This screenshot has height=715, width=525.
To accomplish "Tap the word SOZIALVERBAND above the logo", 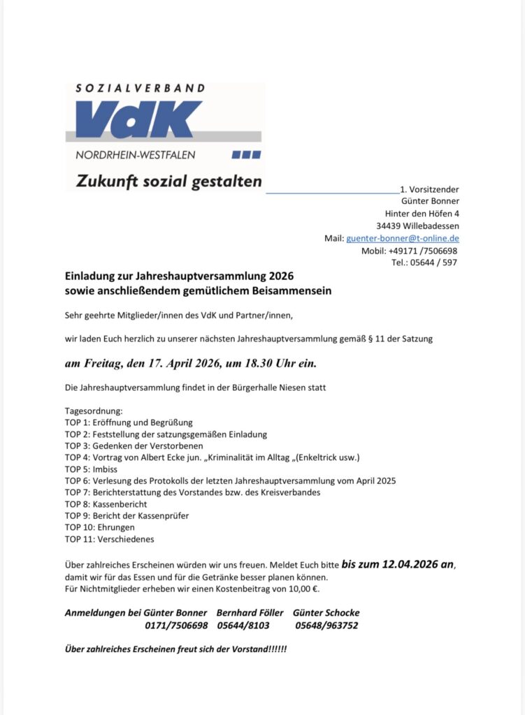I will (141, 89).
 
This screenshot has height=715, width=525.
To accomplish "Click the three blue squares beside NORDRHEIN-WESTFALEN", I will (246, 154).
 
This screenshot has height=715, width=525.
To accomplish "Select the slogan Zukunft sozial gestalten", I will (169, 182).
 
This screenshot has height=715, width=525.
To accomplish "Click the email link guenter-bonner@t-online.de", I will (403, 238).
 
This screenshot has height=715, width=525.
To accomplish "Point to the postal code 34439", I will (389, 226).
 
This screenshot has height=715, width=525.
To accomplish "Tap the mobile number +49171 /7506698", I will (419, 251).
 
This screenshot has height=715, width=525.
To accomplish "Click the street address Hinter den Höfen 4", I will (422, 213).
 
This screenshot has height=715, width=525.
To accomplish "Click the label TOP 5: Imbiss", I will (92, 469).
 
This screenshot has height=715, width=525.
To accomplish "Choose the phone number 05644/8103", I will (243, 625).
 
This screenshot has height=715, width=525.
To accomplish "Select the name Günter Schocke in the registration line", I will (326, 613).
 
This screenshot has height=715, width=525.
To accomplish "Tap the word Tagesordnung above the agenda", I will (94, 411).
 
